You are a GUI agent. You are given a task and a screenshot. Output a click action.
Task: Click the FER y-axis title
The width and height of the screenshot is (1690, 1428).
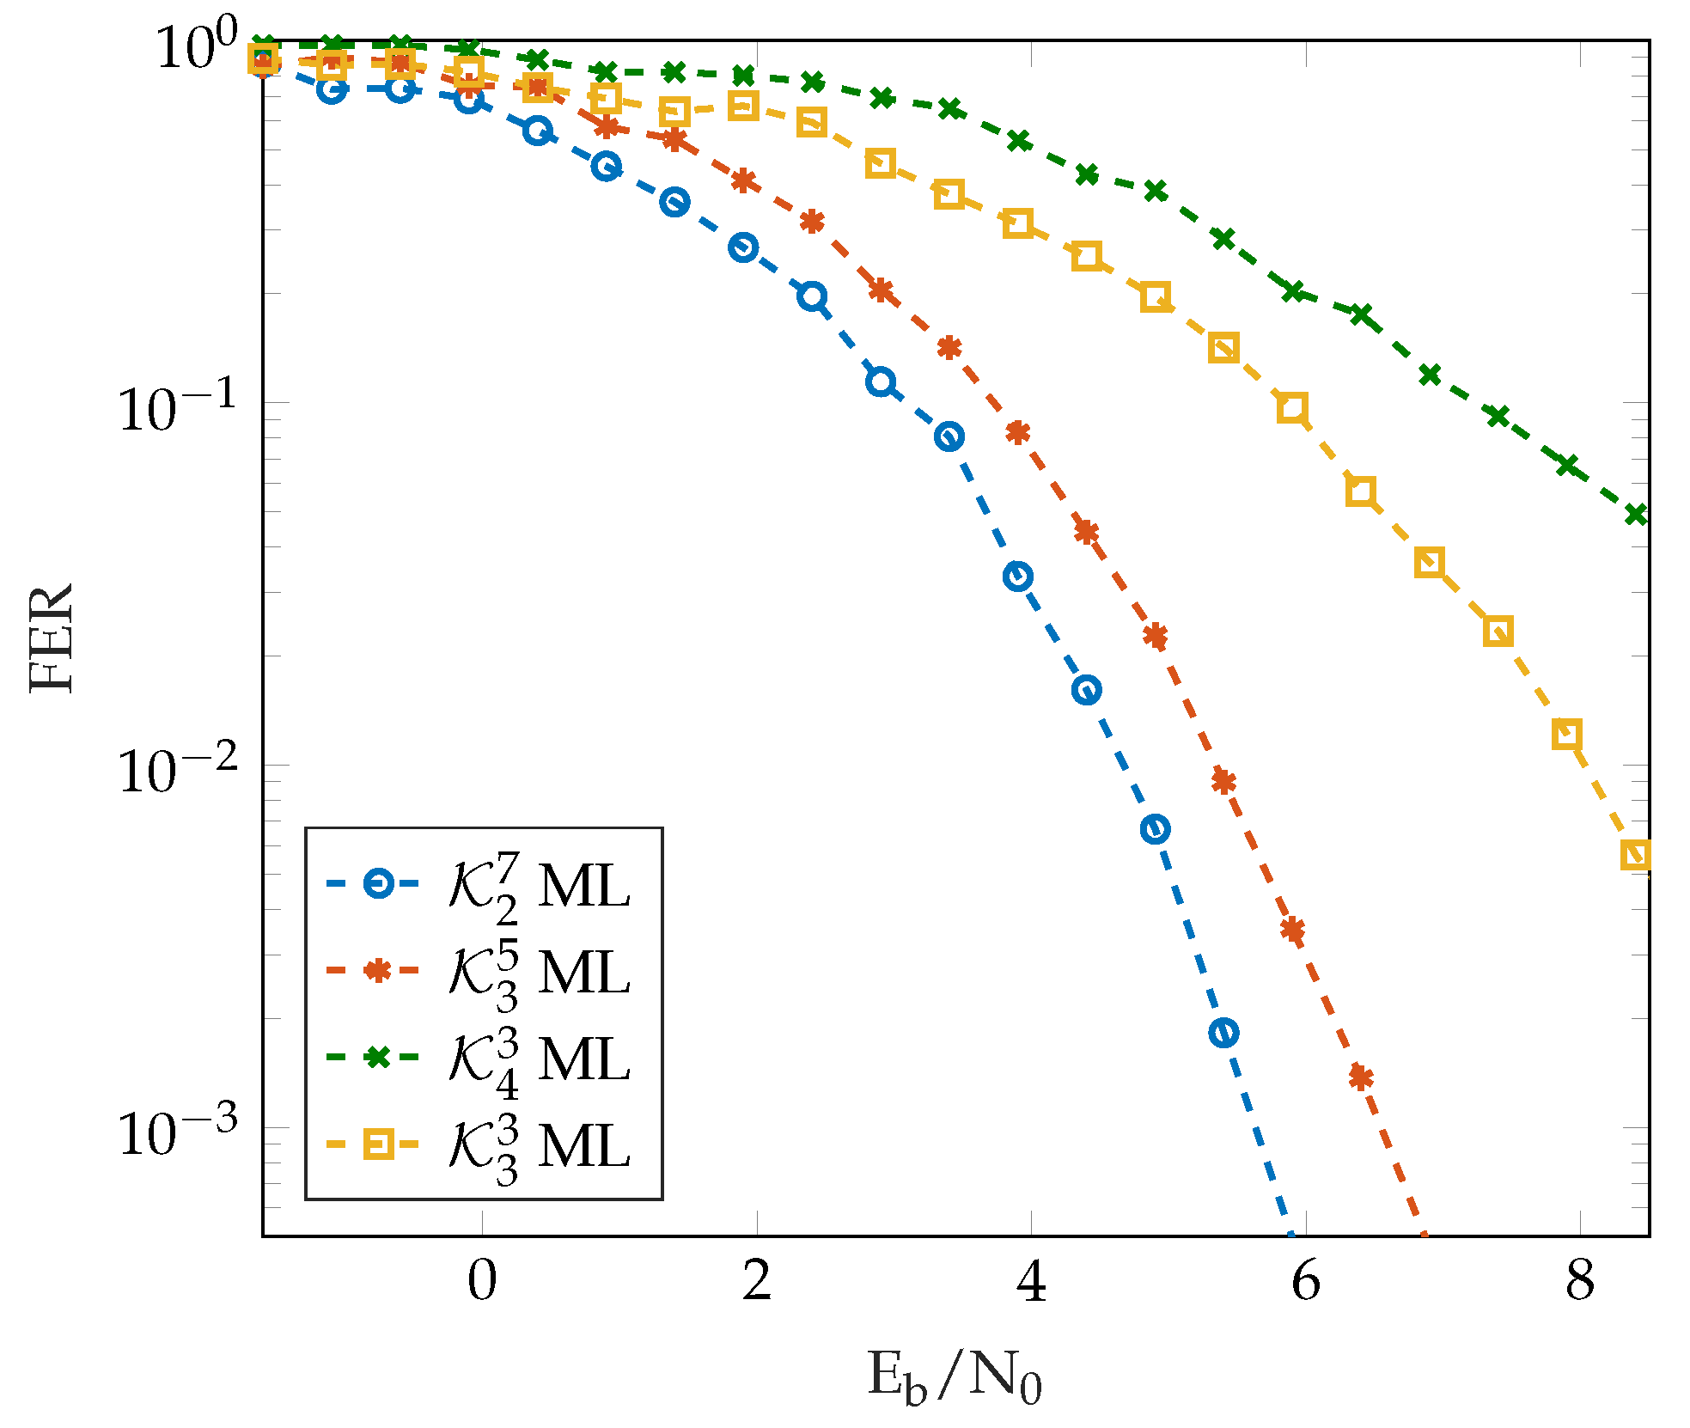pyautogui.click(x=52, y=638)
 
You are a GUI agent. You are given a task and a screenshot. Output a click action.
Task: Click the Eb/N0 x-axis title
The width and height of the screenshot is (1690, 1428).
pyautogui.click(x=954, y=1377)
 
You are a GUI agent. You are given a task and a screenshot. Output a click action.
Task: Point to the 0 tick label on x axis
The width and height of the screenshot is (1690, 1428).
pyautogui.click(x=482, y=1281)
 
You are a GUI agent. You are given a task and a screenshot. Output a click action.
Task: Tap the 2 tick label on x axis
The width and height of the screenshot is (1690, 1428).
pyautogui.click(x=757, y=1281)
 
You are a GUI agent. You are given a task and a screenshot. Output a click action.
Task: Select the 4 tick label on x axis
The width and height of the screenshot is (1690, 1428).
pyautogui.click(x=1031, y=1281)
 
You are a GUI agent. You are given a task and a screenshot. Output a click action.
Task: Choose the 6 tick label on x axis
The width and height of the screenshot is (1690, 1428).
pyautogui.click(x=1305, y=1281)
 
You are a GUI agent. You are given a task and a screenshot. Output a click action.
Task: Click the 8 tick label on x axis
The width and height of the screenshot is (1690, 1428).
pyautogui.click(x=1580, y=1281)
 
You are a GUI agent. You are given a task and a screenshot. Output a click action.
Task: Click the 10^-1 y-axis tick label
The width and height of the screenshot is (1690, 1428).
pyautogui.click(x=176, y=407)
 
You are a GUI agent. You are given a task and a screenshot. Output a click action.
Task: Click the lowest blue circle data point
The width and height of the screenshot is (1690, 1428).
pyautogui.click(x=1223, y=1032)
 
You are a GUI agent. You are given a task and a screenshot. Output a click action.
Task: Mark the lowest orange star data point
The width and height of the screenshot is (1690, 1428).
pyautogui.click(x=1361, y=1077)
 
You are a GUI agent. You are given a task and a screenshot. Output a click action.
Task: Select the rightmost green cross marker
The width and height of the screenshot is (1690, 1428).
pyautogui.click(x=1636, y=515)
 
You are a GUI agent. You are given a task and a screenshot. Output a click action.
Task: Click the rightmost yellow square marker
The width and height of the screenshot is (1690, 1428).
pyautogui.click(x=1636, y=855)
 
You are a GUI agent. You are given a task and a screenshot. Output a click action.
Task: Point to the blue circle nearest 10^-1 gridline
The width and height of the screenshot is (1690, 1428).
pyautogui.click(x=881, y=381)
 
